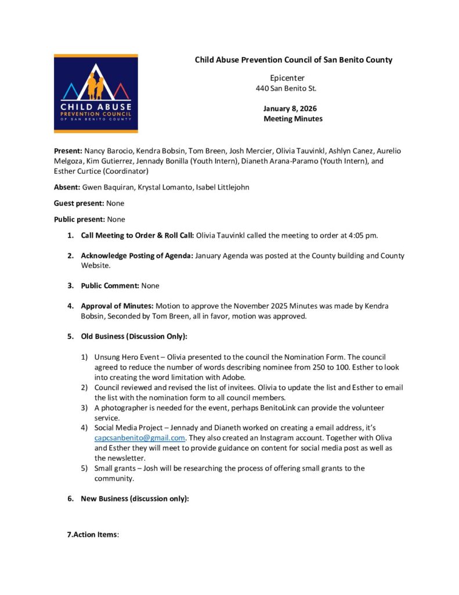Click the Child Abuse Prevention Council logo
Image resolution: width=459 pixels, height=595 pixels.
point(96,94)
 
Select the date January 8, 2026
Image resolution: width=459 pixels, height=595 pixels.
point(290,109)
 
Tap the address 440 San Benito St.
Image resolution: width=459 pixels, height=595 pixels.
point(286,88)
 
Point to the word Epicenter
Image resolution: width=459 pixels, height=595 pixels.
point(287,78)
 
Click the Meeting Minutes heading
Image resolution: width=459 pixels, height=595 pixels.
point(293,119)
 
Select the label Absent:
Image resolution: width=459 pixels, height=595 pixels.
point(67,188)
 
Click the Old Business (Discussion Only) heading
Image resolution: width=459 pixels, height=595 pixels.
point(134,336)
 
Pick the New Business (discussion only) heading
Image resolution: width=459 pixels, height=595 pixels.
point(135,499)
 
